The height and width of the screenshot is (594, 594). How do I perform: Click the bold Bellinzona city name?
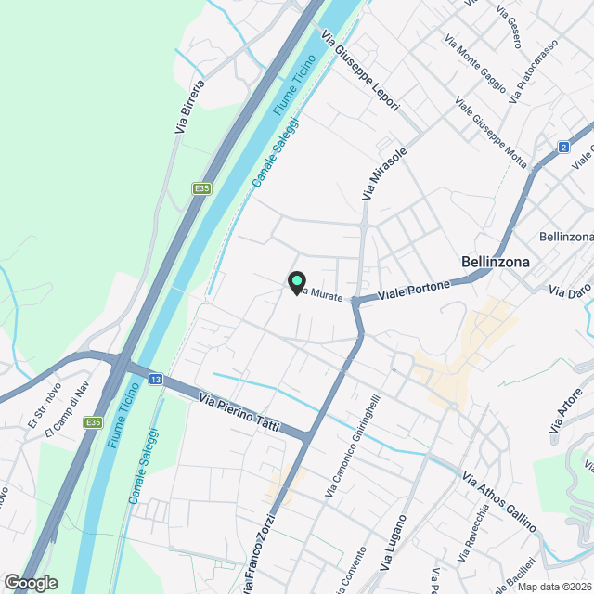point(496,262)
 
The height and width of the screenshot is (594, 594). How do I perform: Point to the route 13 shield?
point(156,380)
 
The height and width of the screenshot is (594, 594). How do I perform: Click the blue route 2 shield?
point(563,147)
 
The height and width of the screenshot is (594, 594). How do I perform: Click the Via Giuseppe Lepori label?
point(360,73)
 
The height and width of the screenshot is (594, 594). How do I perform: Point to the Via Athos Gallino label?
point(499,502)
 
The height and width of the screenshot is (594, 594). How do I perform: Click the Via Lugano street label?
point(394,543)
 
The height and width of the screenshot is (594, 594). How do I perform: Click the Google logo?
point(31,582)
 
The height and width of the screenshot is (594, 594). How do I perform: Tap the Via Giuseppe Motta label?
point(491,132)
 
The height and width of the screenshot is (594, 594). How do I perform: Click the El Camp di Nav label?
point(64,426)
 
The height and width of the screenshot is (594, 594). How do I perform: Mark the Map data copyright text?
point(554,587)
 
